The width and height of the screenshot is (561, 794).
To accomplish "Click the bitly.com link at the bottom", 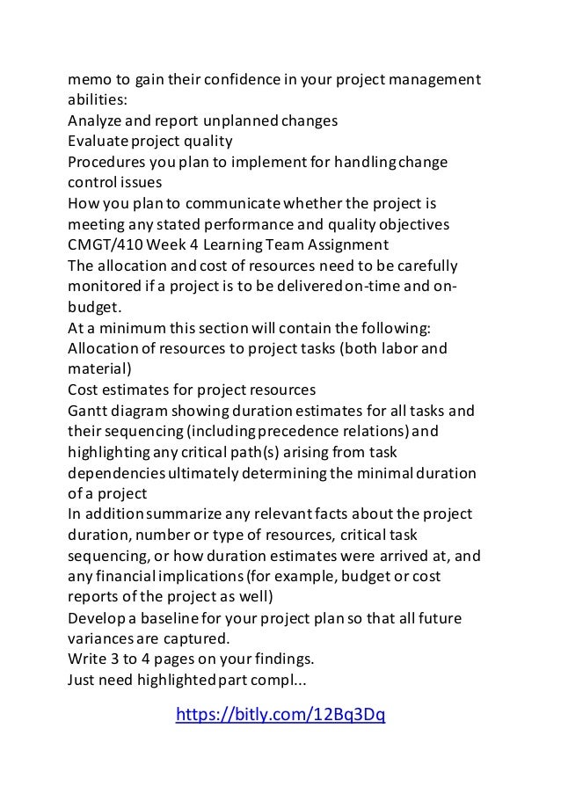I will pyautogui.click(x=280, y=714).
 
